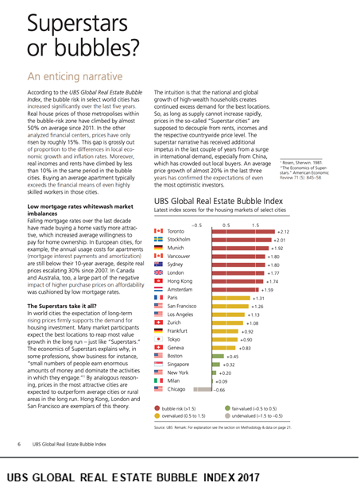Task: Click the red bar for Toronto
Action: click(243, 232)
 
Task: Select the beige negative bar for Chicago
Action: click(203, 389)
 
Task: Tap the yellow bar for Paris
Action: click(230, 298)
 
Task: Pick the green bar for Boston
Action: click(218, 357)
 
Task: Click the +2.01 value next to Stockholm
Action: click(279, 240)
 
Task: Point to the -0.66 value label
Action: click(219, 390)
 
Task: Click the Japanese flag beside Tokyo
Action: click(158, 339)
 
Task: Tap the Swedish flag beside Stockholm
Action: click(158, 239)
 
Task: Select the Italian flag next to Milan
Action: click(158, 380)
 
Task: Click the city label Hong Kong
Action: click(180, 281)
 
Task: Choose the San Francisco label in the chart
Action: click(182, 306)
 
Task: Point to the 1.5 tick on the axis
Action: click(256, 225)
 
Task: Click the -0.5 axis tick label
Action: click(197, 225)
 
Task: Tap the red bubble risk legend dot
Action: click(157, 408)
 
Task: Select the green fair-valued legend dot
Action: click(227, 408)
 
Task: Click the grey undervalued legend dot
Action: click(227, 415)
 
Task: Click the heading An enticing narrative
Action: click(75, 76)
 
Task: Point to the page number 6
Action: click(19, 444)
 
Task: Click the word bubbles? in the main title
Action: click(97, 48)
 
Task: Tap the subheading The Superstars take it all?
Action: click(62, 306)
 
